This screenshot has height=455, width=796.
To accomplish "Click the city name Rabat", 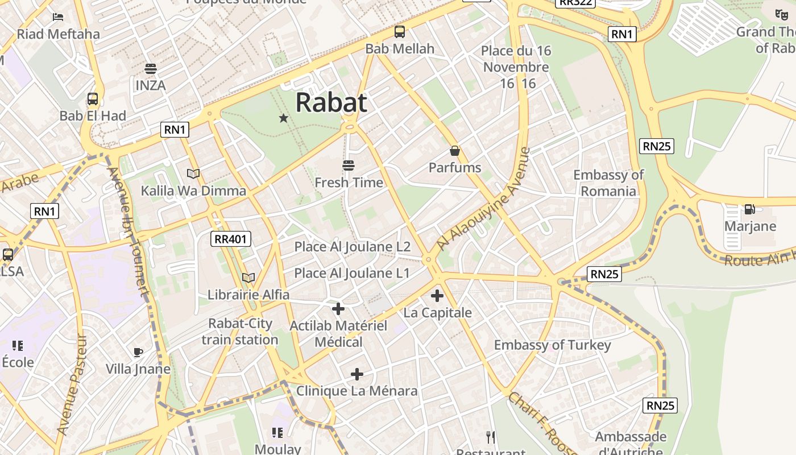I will coord(331,103).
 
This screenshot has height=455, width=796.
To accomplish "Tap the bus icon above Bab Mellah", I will coord(400,32).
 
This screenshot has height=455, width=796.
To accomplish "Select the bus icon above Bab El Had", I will coord(93,99).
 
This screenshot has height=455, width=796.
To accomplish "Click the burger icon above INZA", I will coord(151,69).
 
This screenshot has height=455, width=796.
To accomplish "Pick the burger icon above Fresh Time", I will coord(349,166).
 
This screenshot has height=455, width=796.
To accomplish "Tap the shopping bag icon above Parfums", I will coord(455,151).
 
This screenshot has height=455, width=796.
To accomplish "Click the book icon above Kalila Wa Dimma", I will coord(193,173).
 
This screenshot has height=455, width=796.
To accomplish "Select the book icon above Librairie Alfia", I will coord(248,278).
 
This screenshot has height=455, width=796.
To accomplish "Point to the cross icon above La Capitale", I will coord(437,296).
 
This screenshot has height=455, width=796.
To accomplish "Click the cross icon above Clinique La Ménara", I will coord(356,374).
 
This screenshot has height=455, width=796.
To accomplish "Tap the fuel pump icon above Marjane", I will coord(750,209).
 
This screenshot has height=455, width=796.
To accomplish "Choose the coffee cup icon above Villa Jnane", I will coord(138,352).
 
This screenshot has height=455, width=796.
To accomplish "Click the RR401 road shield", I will coord(230,239).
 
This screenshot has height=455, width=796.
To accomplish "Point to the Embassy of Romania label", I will coord(608,183).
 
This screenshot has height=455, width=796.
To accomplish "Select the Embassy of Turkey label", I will coord(552,345).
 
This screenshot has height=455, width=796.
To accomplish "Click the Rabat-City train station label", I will coord(240,332).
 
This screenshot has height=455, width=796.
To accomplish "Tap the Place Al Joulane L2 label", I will coord(352,247).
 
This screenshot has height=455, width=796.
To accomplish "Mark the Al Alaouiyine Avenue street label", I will coord(483,199).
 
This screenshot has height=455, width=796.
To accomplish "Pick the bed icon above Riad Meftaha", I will coord(58,17).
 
